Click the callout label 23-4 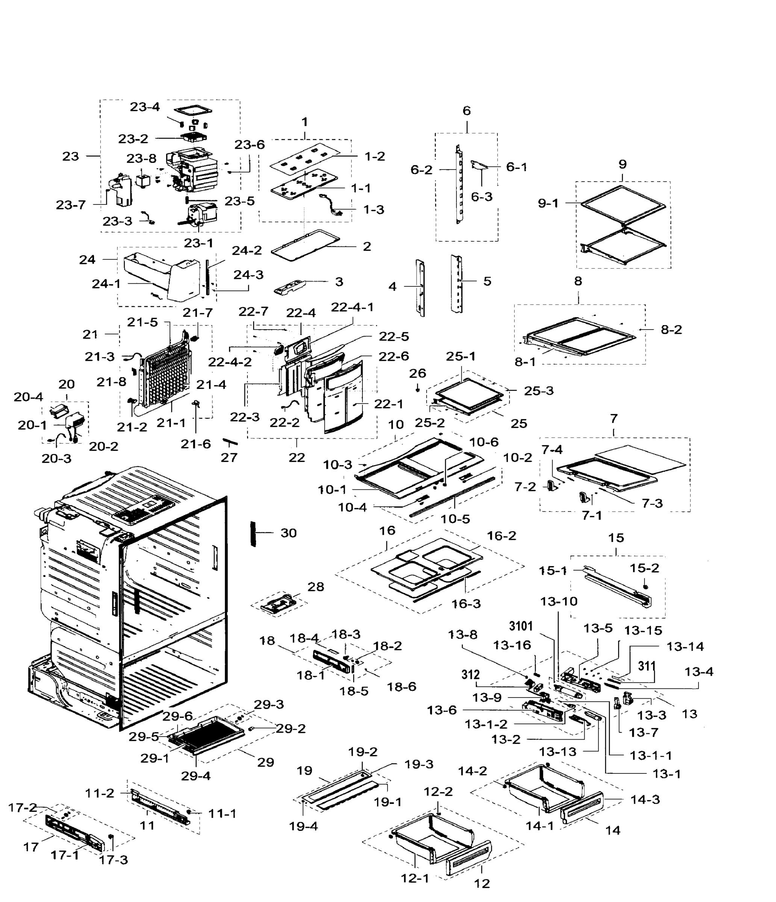(x=145, y=107)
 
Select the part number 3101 (x=521, y=626)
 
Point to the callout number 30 (x=288, y=533)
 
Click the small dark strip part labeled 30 (x=252, y=533)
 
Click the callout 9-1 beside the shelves (x=548, y=203)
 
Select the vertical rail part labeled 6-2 (x=459, y=185)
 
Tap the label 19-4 (x=303, y=826)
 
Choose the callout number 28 (x=316, y=587)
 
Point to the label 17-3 (x=113, y=860)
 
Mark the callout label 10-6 (x=483, y=442)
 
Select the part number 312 (x=470, y=675)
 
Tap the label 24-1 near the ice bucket (x=106, y=283)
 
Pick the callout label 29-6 (x=177, y=716)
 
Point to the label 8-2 (x=671, y=330)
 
